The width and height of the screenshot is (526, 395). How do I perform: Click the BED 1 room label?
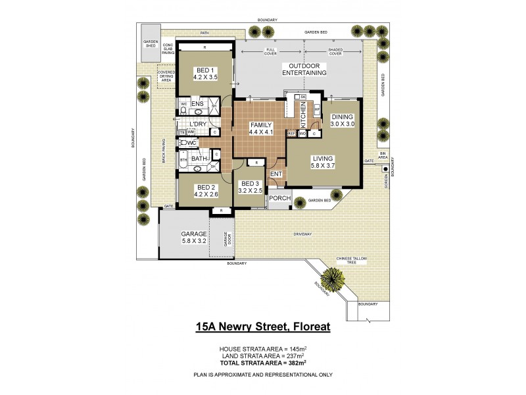pos(204,73)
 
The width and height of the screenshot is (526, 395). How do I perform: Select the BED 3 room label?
pos(251,186)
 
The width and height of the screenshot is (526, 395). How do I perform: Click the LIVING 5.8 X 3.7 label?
pos(323,162)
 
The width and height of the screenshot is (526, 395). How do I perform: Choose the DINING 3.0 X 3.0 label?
pos(342,120)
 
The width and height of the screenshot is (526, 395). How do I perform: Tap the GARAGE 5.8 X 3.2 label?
pos(194,238)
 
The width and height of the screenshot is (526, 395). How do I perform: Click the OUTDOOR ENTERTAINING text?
pos(304,69)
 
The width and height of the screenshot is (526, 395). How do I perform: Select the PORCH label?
pos(279,198)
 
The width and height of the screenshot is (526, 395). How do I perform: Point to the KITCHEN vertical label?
pos(303,116)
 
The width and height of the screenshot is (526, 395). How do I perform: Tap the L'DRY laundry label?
pos(198,124)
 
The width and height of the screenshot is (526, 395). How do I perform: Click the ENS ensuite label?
pos(197,104)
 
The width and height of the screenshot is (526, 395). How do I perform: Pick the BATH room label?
pos(199,159)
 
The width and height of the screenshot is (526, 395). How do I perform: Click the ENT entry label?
pos(276,174)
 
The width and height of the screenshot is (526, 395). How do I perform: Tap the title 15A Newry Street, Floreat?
pos(262,326)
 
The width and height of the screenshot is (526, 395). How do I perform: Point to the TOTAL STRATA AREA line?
pos(262,361)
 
